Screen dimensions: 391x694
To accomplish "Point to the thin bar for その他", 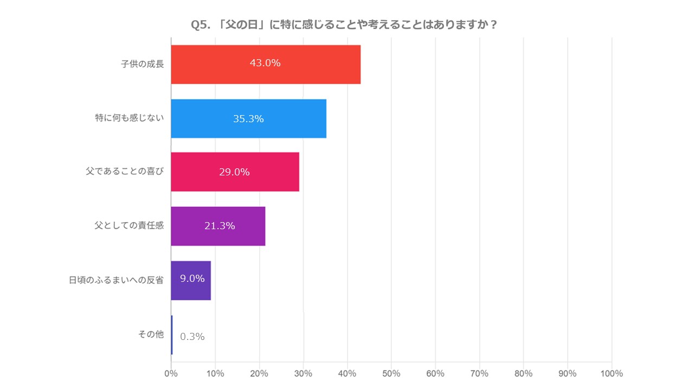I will click(172, 335).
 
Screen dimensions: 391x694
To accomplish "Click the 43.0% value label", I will click(265, 63).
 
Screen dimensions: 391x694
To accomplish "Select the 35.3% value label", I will click(248, 118).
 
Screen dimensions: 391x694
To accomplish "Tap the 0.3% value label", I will click(192, 337).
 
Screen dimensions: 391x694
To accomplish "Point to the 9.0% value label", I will click(192, 279).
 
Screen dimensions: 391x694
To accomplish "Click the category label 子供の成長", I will click(142, 64).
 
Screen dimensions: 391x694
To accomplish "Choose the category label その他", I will click(151, 335).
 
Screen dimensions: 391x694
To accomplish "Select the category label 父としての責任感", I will click(129, 226).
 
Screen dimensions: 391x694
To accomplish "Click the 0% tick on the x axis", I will click(171, 374).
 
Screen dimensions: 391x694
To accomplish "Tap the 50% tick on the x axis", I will click(391, 374).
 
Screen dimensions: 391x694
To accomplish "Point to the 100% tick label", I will click(611, 374).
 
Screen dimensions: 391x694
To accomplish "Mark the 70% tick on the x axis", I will click(479, 374).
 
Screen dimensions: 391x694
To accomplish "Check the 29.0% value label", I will click(234, 172).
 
